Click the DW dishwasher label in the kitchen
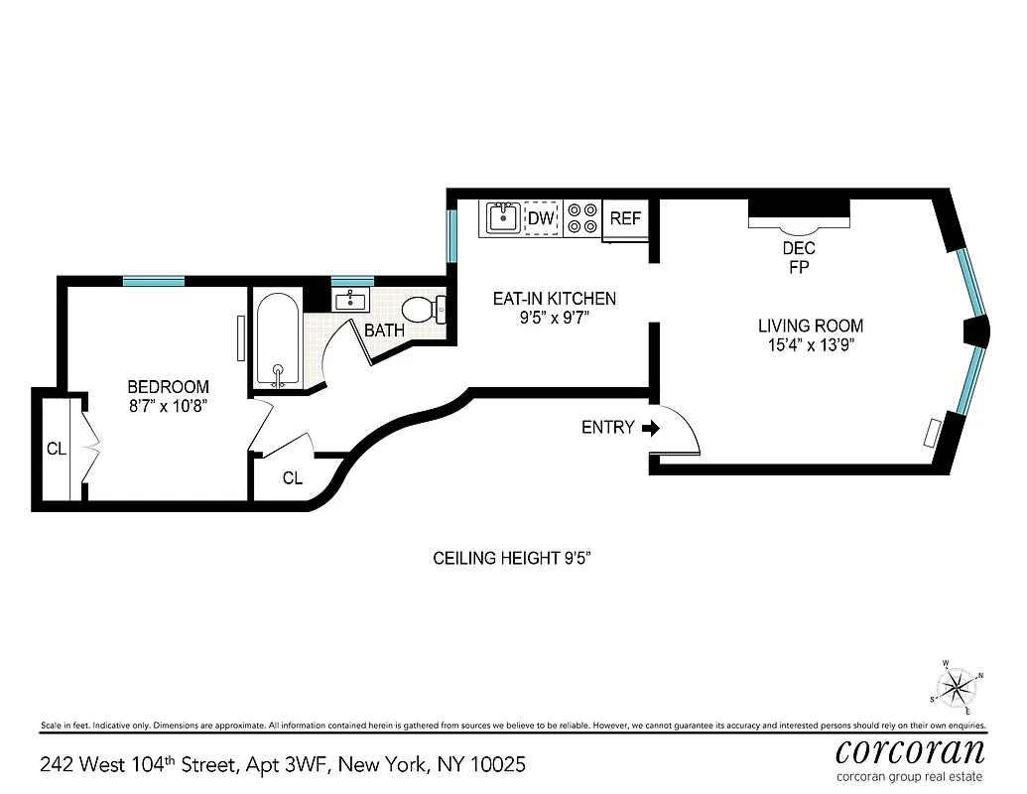pos(541,218)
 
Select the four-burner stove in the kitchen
pos(582,219)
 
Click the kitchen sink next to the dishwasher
pos(502,218)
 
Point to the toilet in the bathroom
pos(433,310)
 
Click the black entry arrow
pos(651,428)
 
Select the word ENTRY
pos(607,428)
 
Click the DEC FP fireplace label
pos(799,257)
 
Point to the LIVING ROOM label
pos(811,326)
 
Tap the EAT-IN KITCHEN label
pos(555,299)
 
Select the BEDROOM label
pos(168,387)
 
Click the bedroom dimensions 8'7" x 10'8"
pos(168,406)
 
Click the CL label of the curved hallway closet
pos(292,478)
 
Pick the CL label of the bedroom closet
pos(57,450)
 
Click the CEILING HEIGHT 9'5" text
pos(513,559)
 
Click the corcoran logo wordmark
pos(910,749)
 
